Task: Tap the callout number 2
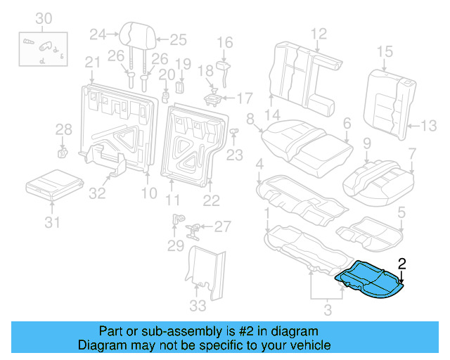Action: pyautogui.click(x=402, y=264)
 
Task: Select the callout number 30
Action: pyautogui.click(x=44, y=18)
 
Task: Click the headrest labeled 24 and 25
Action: pyautogui.click(x=134, y=35)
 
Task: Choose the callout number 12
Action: pyautogui.click(x=319, y=32)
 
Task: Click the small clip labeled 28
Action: pyautogui.click(x=61, y=151)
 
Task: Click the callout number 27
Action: pyautogui.click(x=222, y=226)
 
